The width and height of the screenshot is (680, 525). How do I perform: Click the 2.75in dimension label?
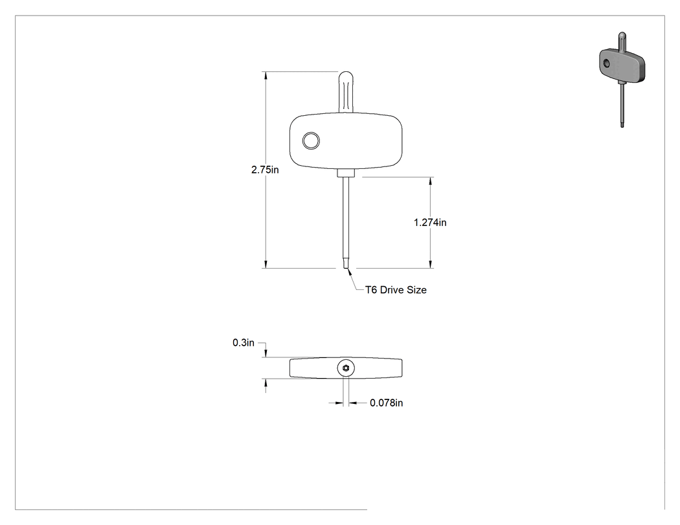(x=265, y=170)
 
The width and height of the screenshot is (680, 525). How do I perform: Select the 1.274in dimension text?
(x=430, y=223)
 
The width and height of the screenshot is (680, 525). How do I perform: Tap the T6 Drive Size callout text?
(x=396, y=290)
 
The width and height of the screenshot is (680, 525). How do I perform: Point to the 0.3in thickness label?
(x=244, y=342)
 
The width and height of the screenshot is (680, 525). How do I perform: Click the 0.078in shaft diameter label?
(x=387, y=403)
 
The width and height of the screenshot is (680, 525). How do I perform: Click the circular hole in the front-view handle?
(x=311, y=141)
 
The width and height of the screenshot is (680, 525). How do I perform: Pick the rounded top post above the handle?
(x=346, y=93)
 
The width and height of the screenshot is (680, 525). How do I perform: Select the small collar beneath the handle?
(x=346, y=173)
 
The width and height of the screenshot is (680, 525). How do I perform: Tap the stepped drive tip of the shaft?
(x=346, y=263)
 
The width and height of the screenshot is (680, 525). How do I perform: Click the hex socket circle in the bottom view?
(x=346, y=368)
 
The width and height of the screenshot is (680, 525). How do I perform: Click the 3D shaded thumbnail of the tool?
(x=622, y=80)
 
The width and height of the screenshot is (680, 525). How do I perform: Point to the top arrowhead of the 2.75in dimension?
(x=266, y=76)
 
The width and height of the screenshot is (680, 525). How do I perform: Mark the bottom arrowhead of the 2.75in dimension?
(x=266, y=264)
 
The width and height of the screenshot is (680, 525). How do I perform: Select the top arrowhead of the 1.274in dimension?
(x=430, y=181)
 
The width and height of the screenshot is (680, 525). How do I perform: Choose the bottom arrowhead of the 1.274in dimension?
(x=430, y=264)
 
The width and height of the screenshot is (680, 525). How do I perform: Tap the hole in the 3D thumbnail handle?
(x=607, y=63)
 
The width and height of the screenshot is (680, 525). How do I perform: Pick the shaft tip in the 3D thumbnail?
(x=622, y=124)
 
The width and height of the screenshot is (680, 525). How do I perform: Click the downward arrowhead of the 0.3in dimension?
(x=266, y=353)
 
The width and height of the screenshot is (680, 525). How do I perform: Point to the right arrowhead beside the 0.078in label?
(x=352, y=403)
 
